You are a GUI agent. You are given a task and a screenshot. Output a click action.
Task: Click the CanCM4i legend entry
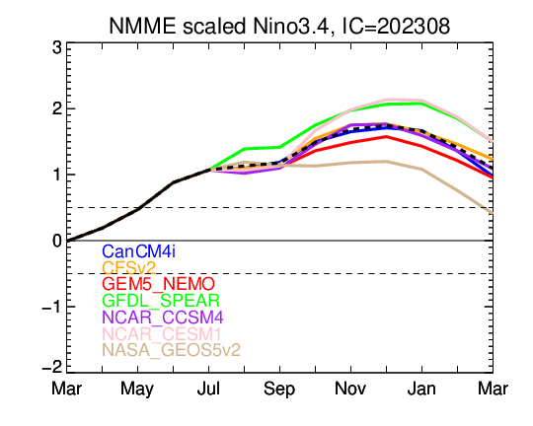click(x=139, y=251)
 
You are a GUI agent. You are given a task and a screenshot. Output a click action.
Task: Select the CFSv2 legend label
click(x=129, y=267)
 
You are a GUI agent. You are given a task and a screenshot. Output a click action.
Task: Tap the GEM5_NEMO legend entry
click(x=158, y=284)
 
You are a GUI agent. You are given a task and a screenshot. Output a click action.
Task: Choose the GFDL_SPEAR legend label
click(x=161, y=301)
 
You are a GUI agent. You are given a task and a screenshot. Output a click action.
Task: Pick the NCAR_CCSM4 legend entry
click(x=163, y=318)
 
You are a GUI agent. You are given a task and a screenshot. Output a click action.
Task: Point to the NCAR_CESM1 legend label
click(x=162, y=334)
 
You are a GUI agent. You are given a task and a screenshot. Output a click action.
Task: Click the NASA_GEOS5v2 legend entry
click(x=172, y=350)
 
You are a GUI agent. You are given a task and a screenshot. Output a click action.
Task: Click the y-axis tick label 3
click(x=57, y=48)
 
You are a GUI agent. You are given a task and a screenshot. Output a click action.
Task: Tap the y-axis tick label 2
click(x=57, y=109)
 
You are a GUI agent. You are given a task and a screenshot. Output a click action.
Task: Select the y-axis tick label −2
click(x=52, y=367)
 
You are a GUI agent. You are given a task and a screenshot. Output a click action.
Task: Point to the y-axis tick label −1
click(x=52, y=308)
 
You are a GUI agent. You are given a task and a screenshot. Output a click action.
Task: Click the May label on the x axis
click(x=137, y=390)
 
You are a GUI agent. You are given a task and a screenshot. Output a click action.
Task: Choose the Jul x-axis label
click(x=208, y=389)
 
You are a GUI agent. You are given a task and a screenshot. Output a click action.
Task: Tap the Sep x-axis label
click(x=279, y=390)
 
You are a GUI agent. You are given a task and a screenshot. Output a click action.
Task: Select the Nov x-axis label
click(x=350, y=389)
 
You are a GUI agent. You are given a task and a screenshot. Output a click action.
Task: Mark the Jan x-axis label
click(x=421, y=389)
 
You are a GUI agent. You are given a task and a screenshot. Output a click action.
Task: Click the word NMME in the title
click(x=143, y=26)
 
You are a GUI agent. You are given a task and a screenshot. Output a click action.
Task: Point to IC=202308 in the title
click(x=396, y=26)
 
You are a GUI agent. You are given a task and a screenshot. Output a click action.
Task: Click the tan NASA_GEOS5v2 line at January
click(x=421, y=169)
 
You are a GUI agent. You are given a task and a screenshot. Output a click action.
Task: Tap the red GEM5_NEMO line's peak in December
click(x=386, y=136)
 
